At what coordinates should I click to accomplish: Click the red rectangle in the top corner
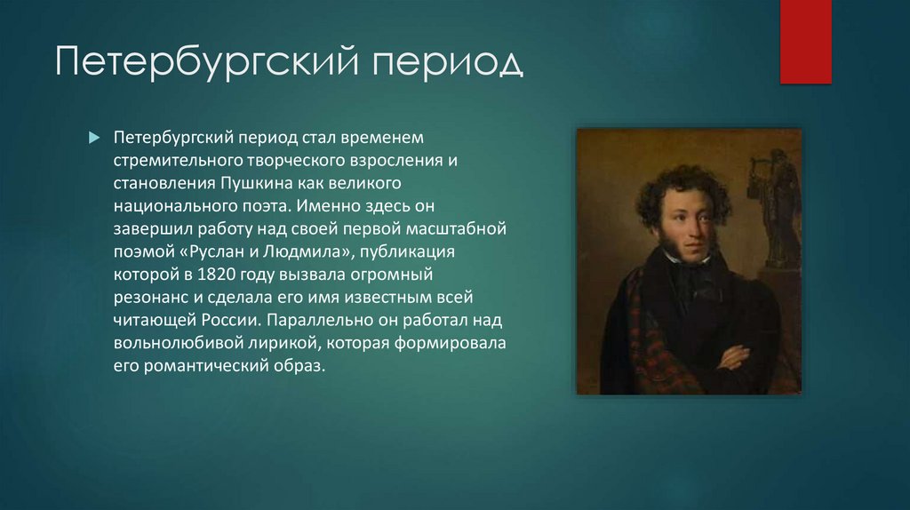(x=805, y=41)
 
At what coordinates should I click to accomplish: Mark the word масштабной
(x=461, y=228)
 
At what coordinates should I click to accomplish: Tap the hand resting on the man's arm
(x=734, y=356)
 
